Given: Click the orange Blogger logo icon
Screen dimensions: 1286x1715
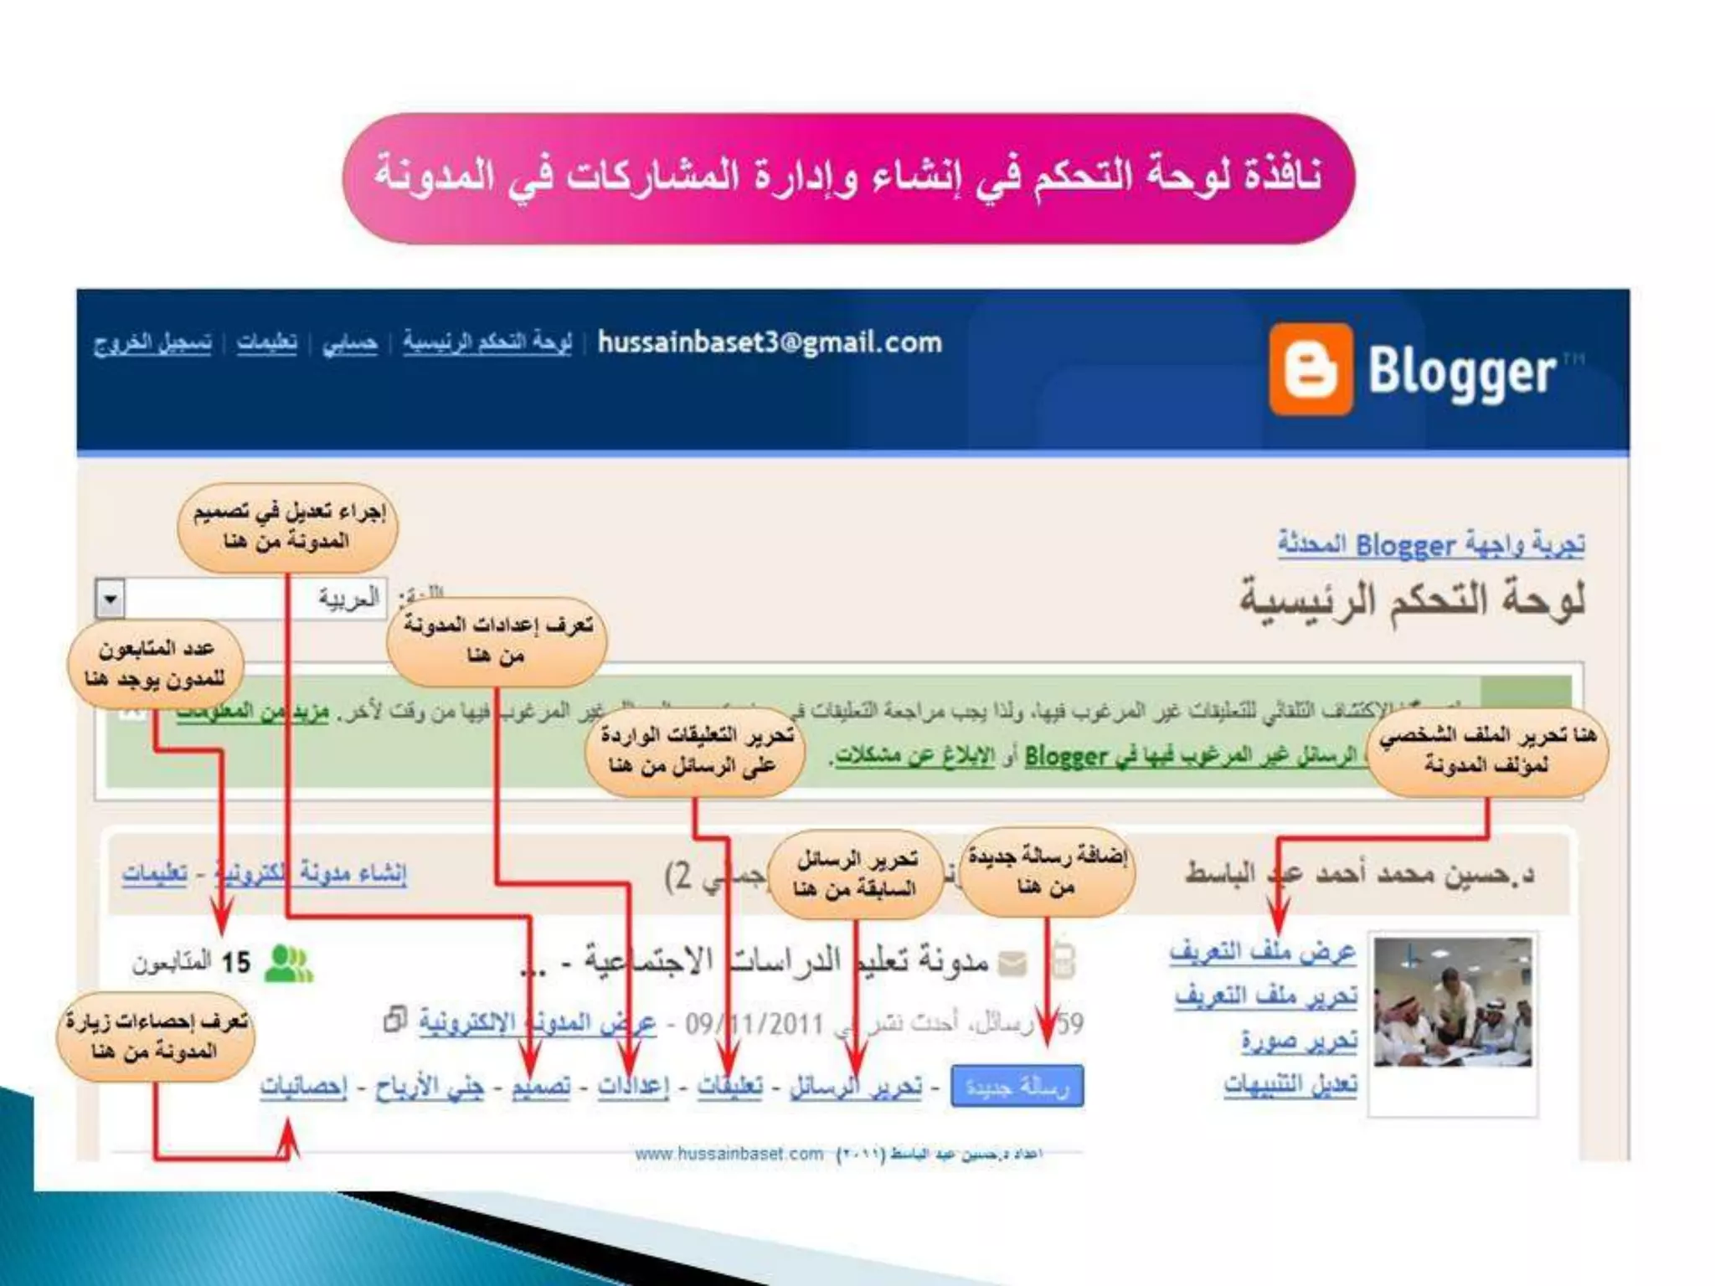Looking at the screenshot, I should point(1311,369).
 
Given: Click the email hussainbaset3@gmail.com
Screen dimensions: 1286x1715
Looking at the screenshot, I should point(770,342).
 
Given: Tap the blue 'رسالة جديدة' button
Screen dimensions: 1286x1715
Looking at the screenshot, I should point(1017,1087).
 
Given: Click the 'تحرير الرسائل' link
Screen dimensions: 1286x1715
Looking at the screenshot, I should point(856,1087).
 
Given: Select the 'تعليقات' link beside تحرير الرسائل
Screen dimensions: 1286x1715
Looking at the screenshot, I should point(730,1087).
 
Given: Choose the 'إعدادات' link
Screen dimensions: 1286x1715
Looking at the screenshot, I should point(633,1087).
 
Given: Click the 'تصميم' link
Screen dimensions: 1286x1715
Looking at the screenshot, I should point(541,1087).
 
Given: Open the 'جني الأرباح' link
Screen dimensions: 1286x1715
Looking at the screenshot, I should point(429,1087).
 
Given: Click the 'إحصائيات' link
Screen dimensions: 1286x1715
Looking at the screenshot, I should point(303,1087).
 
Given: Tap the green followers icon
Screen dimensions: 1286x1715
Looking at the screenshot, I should point(288,963).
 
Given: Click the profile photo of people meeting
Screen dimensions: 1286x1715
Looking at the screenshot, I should point(1453,1001).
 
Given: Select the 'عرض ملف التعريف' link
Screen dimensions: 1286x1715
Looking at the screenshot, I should point(1263,953).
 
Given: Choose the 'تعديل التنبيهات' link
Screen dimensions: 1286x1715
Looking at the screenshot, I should point(1290,1085).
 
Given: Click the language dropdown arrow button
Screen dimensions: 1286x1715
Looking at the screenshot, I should point(111,599).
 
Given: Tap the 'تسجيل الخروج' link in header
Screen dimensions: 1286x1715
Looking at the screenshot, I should point(152,343).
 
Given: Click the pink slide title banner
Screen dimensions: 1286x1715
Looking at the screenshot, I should point(847,177).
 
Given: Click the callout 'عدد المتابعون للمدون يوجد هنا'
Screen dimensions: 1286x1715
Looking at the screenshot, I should point(156,664).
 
